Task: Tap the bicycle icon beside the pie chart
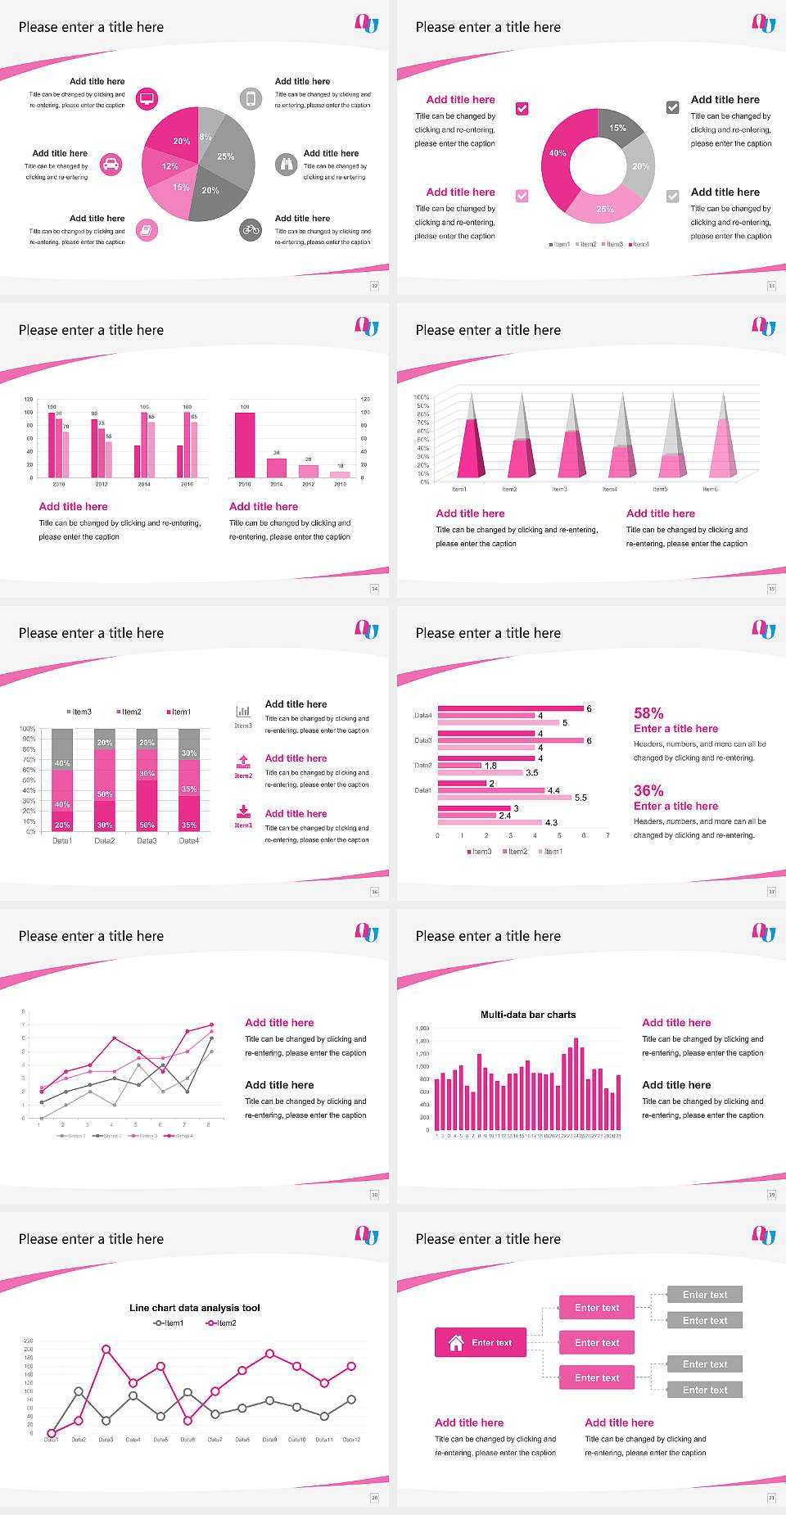click(251, 230)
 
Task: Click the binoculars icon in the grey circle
click(286, 165)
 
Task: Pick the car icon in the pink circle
click(111, 165)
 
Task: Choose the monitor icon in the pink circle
click(147, 99)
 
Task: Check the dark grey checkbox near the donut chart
click(673, 107)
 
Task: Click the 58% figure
click(648, 713)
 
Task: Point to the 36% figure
click(648, 790)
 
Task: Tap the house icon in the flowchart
click(456, 1342)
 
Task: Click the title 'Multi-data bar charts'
click(528, 1015)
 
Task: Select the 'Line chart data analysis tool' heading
click(195, 1308)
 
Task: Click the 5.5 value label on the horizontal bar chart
click(580, 798)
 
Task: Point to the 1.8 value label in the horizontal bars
click(490, 766)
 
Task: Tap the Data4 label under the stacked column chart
click(189, 841)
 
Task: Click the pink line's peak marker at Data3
click(106, 1349)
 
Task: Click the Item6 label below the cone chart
click(710, 489)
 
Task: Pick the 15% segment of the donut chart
click(619, 128)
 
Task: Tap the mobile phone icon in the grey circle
click(251, 99)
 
